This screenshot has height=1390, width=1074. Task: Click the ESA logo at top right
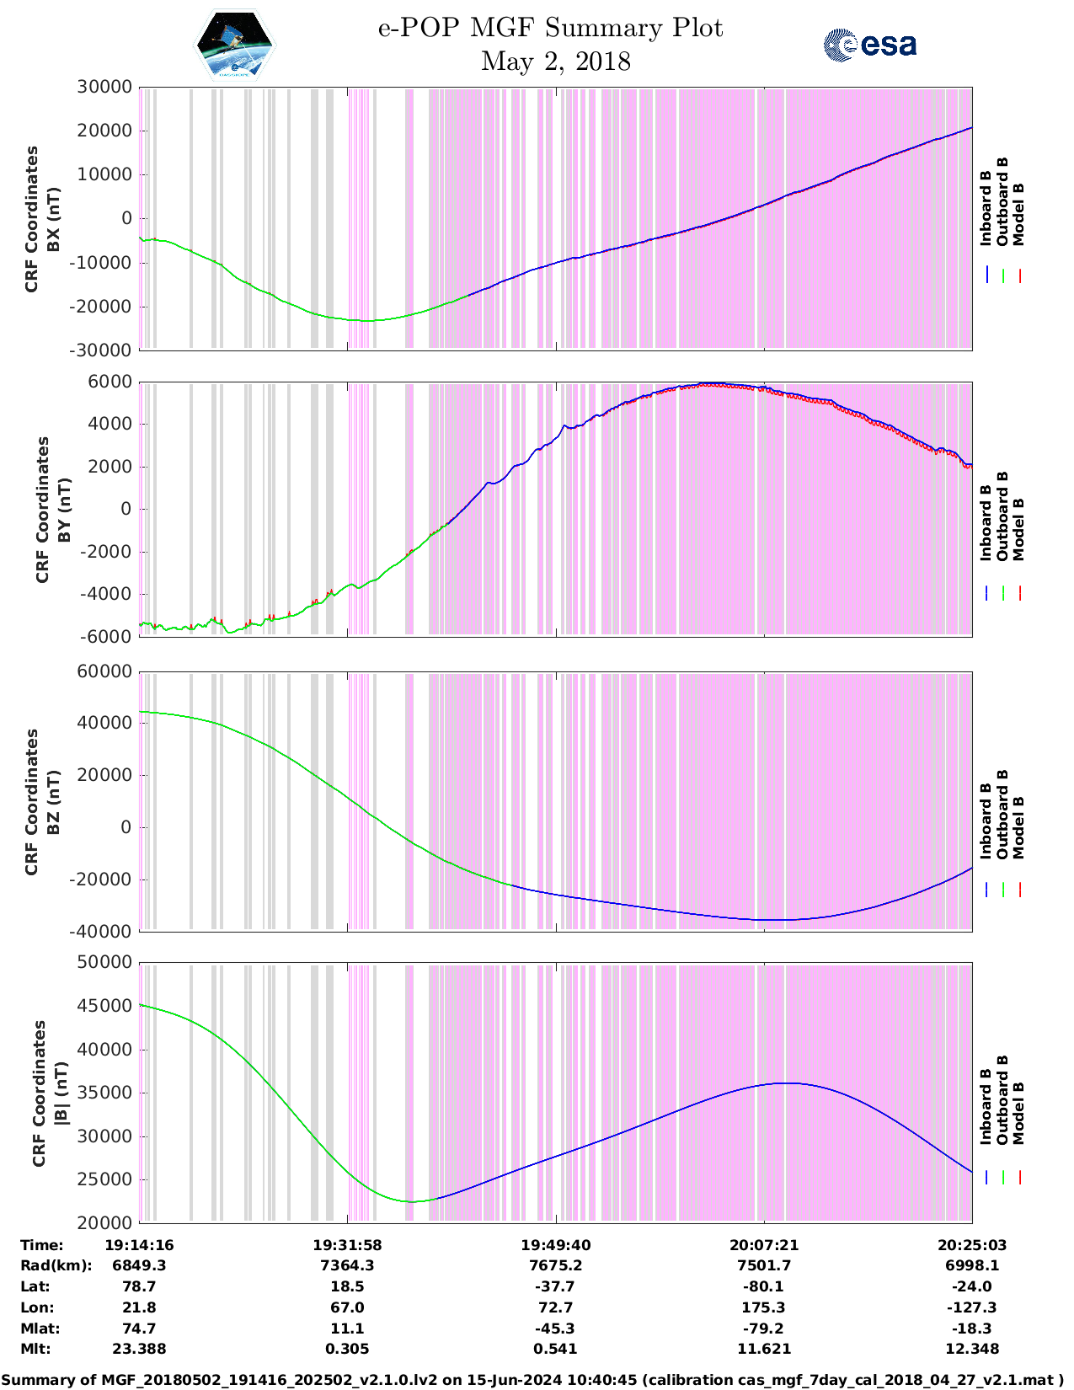[x=870, y=45]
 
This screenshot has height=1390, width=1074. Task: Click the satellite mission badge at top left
[x=235, y=45]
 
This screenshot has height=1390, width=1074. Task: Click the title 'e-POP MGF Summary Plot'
[x=550, y=28]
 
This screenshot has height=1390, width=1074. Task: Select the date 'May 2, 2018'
[x=555, y=61]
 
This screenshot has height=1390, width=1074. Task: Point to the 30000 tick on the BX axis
[x=104, y=87]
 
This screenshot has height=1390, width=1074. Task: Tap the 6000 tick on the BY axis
[x=110, y=382]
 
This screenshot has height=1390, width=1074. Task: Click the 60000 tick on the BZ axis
[x=104, y=671]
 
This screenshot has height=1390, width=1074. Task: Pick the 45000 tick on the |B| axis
[x=104, y=1006]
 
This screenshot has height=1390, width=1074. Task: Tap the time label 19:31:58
[x=347, y=1245]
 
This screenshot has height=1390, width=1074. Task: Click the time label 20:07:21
[x=763, y=1245]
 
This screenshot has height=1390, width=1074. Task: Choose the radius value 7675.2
[x=555, y=1265]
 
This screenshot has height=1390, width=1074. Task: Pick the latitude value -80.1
[x=763, y=1286]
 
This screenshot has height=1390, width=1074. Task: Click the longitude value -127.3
[x=971, y=1307]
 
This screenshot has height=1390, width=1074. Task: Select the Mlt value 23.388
[x=139, y=1349]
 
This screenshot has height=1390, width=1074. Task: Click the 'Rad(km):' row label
[x=56, y=1265]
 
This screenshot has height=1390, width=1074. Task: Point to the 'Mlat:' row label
[x=40, y=1329]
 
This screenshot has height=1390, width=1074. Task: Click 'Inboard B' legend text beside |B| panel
[x=986, y=1106]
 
